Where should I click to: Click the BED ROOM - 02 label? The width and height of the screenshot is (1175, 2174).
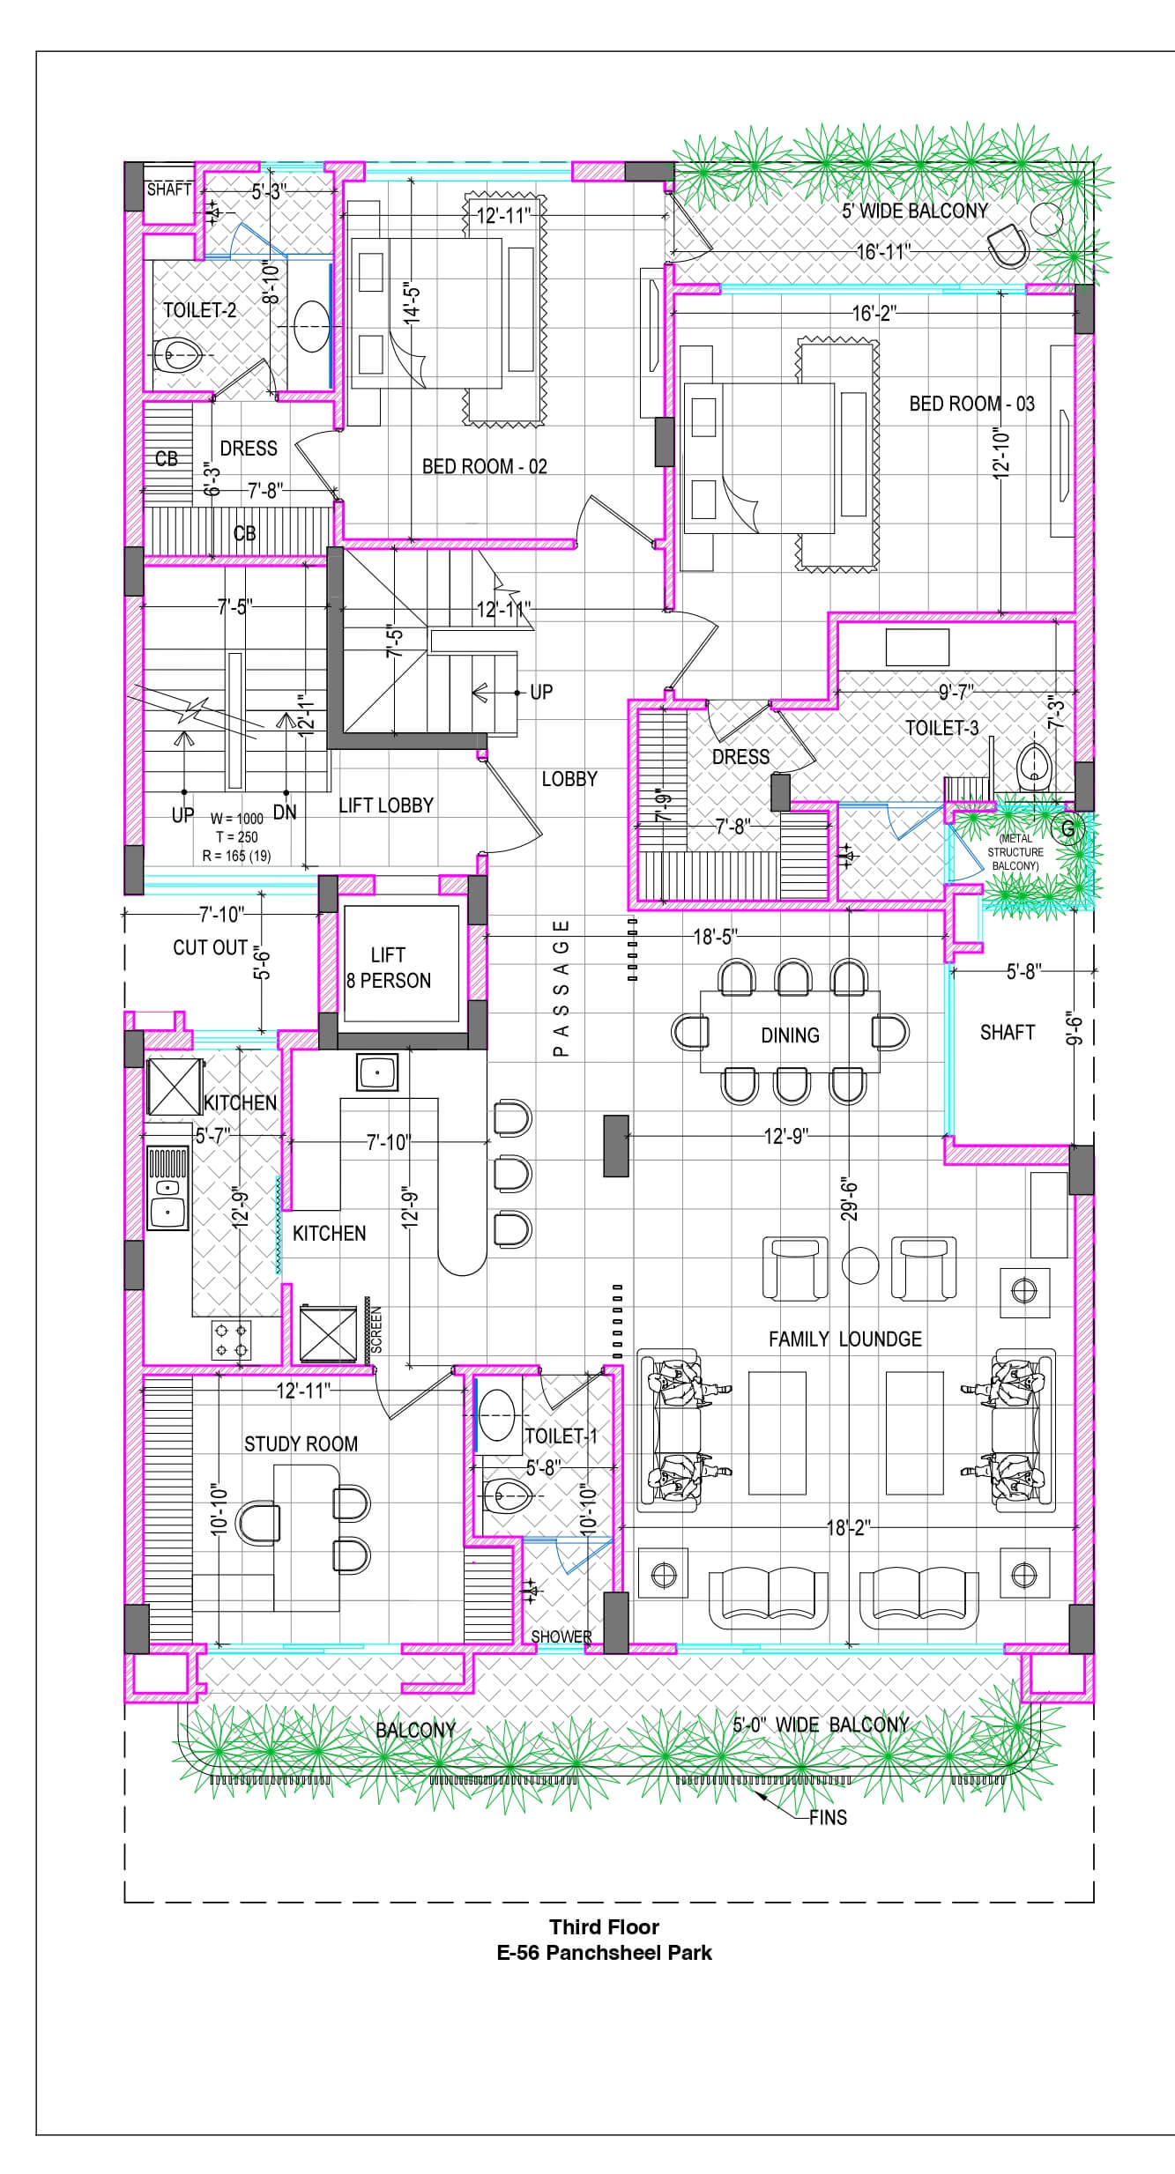(485, 466)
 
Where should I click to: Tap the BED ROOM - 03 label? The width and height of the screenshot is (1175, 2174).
(971, 404)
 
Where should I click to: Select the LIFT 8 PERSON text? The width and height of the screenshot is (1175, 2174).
(389, 968)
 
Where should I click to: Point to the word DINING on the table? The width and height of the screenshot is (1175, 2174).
(790, 1035)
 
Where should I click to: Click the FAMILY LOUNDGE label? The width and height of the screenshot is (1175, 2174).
(844, 1339)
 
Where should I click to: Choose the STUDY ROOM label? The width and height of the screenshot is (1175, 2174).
(301, 1443)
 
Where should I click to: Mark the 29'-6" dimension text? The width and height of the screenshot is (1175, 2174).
(850, 1197)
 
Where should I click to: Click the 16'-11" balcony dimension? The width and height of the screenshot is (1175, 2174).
(883, 252)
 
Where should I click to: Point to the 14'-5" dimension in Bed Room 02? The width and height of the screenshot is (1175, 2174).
(412, 304)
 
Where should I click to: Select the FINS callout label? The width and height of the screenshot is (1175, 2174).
(828, 1817)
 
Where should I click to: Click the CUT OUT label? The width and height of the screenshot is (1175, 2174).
(210, 947)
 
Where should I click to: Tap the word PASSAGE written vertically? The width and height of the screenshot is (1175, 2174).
(561, 988)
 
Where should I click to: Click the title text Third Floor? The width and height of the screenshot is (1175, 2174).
(605, 1926)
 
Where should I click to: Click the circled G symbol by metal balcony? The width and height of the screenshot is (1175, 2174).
(1068, 828)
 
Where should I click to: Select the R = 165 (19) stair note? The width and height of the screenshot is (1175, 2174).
(236, 855)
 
